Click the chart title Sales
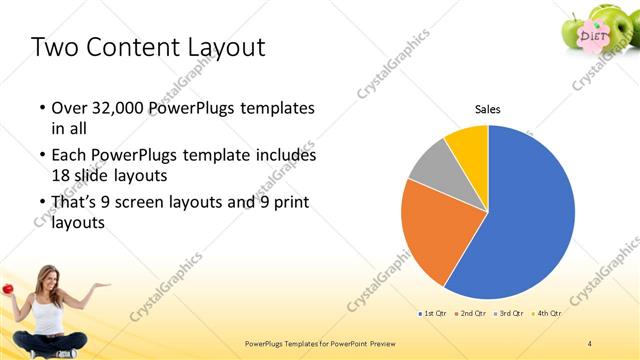(x=487, y=109)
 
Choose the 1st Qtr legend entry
(x=433, y=314)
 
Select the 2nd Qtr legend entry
(x=472, y=314)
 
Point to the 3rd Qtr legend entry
(x=510, y=314)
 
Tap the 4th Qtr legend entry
(x=547, y=314)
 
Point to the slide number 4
(x=590, y=343)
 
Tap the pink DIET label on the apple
(x=594, y=35)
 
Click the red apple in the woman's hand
(x=7, y=289)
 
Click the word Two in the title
(x=51, y=47)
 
